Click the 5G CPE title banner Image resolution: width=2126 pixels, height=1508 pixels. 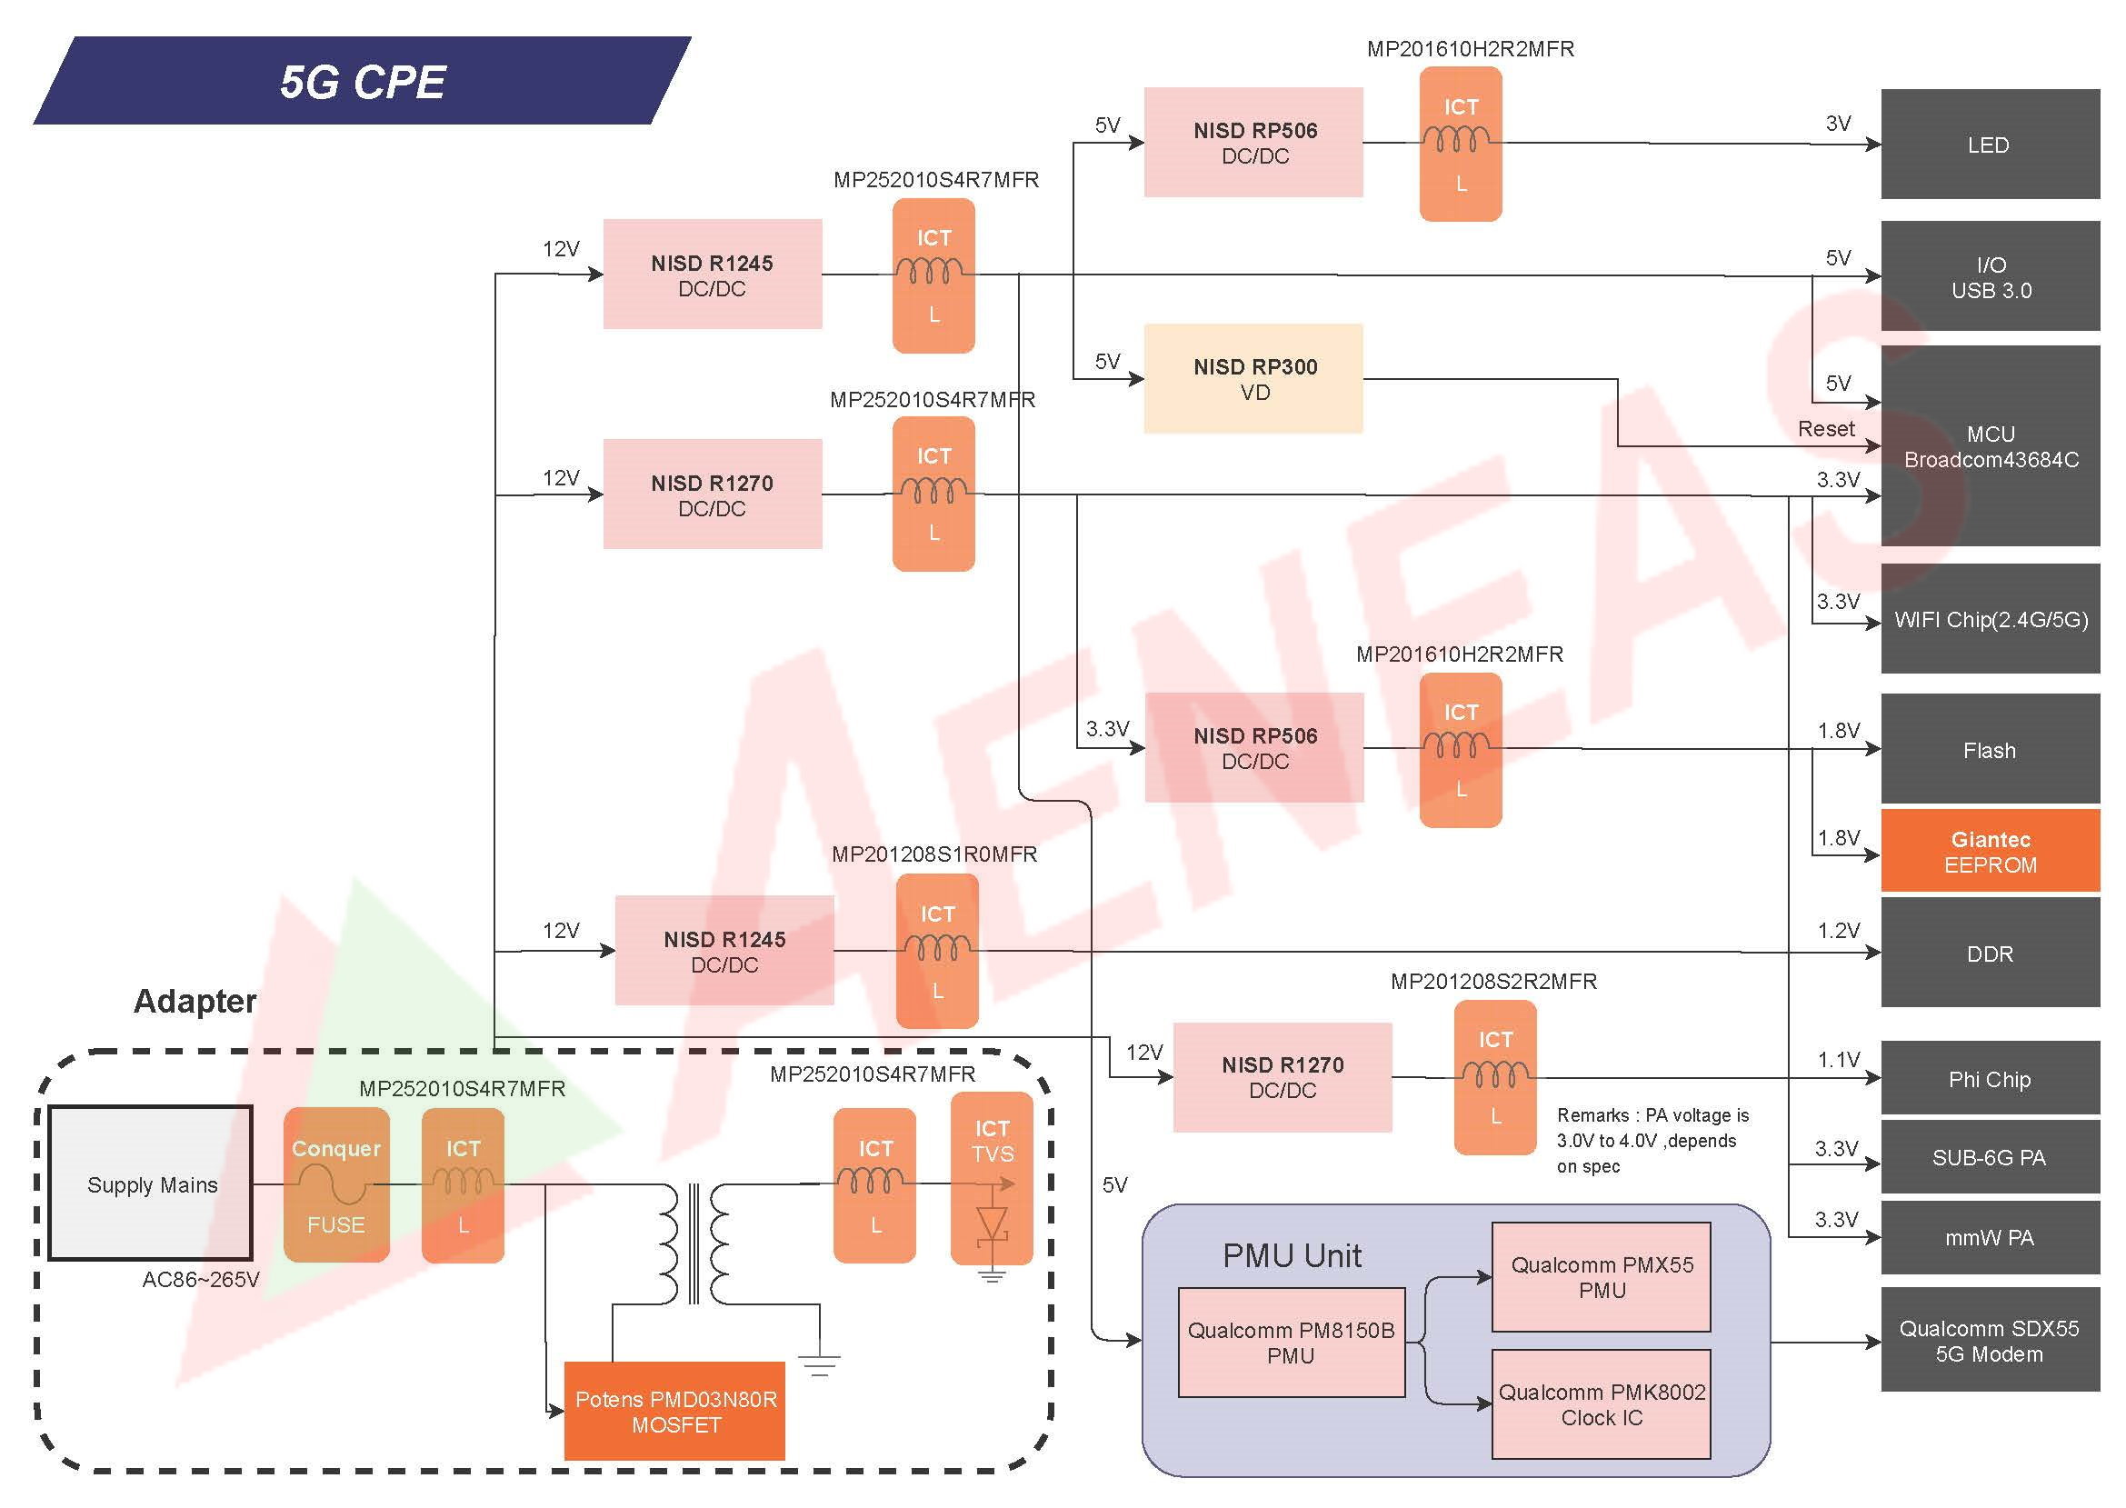(x=362, y=81)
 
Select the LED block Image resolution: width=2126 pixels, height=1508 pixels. (x=1990, y=144)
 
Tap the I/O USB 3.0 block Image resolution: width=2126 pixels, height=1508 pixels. (x=1990, y=275)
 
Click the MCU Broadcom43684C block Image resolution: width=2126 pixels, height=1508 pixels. (x=1990, y=445)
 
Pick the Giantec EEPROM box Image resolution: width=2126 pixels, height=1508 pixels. (x=1990, y=851)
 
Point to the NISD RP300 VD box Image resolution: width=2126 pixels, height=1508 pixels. (x=1253, y=378)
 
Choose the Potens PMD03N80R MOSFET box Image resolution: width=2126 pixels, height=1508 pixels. (x=675, y=1411)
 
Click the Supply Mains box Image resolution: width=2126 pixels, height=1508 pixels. (x=151, y=1183)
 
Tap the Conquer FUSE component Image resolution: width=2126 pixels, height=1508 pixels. (x=336, y=1185)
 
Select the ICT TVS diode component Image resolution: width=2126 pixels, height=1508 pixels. (x=992, y=1179)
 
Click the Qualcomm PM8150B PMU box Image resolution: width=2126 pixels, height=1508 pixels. (x=1291, y=1342)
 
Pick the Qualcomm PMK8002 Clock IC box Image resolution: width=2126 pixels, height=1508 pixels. (x=1601, y=1404)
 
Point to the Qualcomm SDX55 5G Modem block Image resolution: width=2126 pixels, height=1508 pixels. (x=1990, y=1340)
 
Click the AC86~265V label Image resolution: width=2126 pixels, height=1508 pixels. (x=201, y=1280)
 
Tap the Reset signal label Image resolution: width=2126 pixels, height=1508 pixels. (x=1825, y=428)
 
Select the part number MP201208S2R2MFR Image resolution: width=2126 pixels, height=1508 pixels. (x=1492, y=981)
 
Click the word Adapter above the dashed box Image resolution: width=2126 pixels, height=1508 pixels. (x=195, y=1001)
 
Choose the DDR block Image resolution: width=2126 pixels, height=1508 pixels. (x=1990, y=953)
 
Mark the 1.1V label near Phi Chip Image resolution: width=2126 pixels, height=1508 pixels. (x=1838, y=1060)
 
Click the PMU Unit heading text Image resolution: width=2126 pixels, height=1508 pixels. (x=1292, y=1255)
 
